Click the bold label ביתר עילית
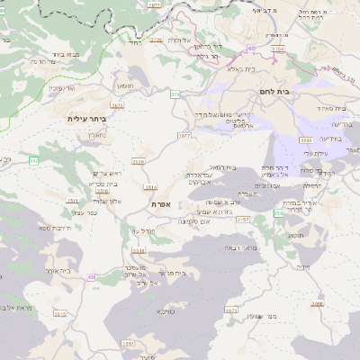click(x=87, y=118)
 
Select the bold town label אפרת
click(x=162, y=204)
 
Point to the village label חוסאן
click(x=125, y=85)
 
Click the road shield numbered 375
click(x=175, y=93)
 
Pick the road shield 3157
click(x=128, y=343)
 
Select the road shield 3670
click(x=231, y=310)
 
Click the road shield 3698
click(x=317, y=304)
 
